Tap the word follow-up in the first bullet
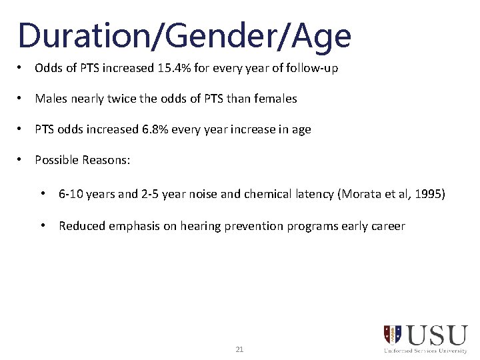coord(315,68)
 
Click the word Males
coord(50,99)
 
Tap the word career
coord(388,225)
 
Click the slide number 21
coord(240,349)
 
